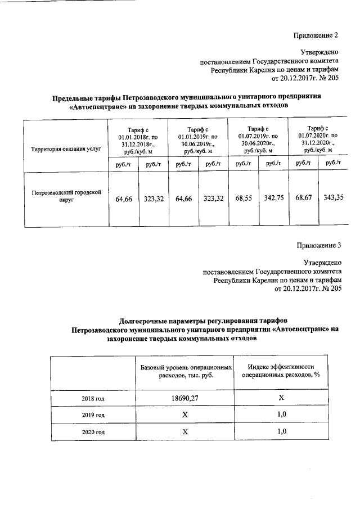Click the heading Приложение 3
[x=318, y=245]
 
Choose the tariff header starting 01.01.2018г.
[x=138, y=140]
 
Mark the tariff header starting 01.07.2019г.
[x=258, y=139]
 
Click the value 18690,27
[x=184, y=398]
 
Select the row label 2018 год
[x=92, y=399]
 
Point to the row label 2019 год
[x=92, y=415]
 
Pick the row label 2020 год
[x=92, y=432]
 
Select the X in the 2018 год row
[x=282, y=398]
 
